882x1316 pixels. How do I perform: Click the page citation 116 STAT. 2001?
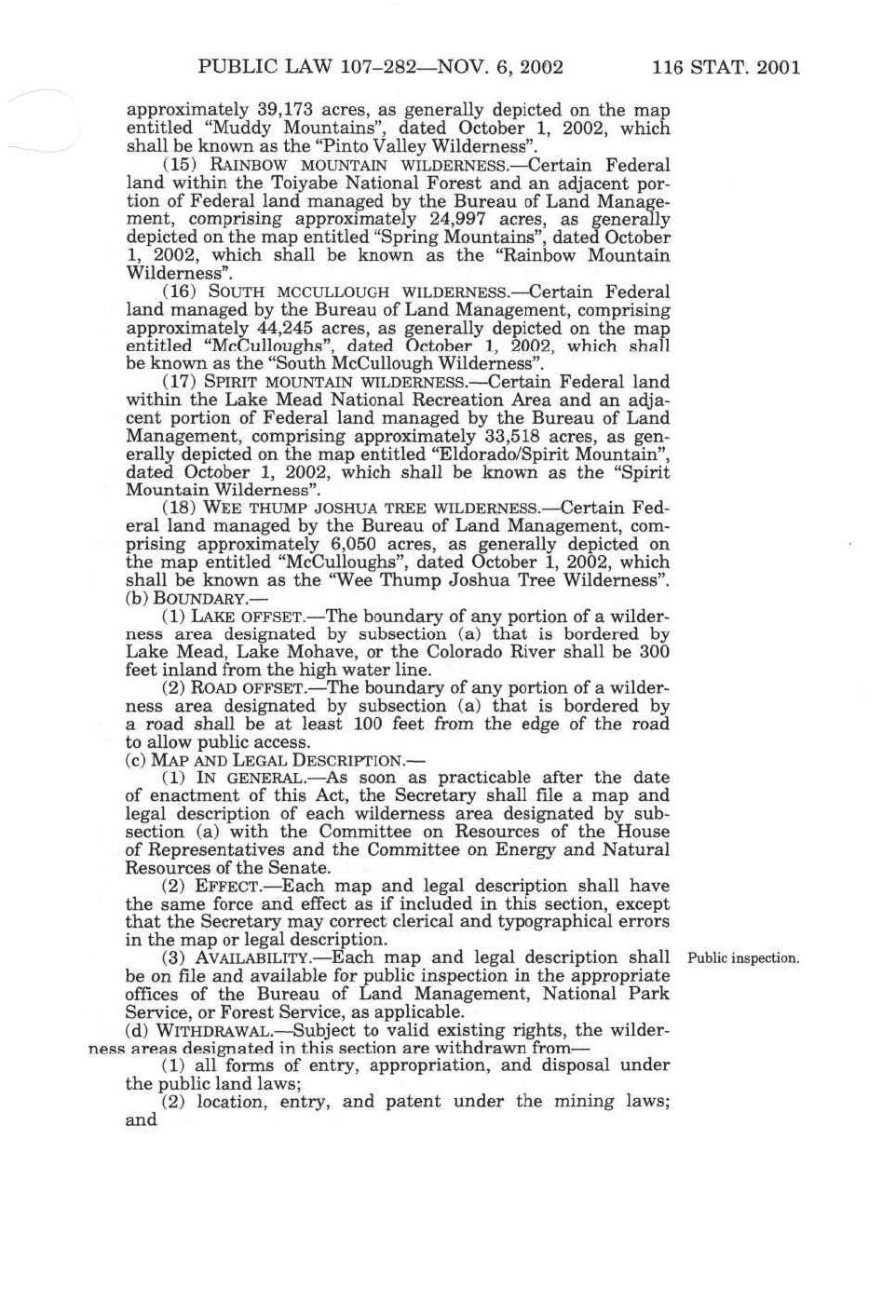(726, 67)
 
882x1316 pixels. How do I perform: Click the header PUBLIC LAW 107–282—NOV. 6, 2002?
(381, 67)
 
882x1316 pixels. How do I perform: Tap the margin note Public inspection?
(742, 958)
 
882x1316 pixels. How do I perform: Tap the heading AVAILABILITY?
(252, 958)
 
